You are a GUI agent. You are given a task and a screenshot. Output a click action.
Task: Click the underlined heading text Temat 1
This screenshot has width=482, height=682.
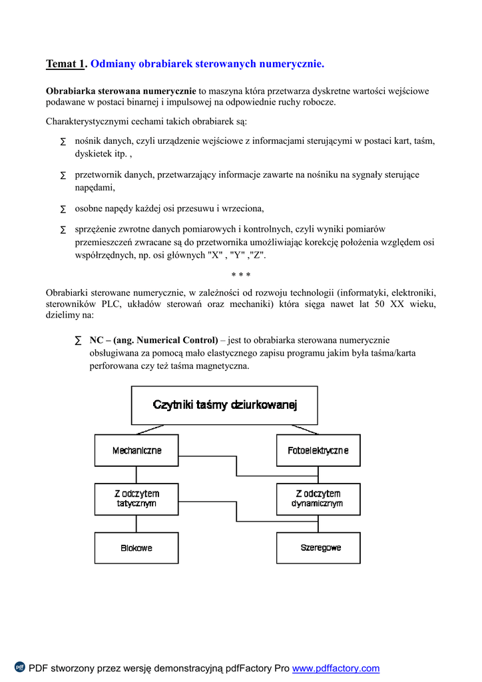65,64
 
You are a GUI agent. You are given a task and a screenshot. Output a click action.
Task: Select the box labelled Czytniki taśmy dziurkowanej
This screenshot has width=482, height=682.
224,405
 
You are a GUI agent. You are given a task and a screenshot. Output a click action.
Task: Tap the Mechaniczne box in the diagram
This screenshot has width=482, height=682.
136,451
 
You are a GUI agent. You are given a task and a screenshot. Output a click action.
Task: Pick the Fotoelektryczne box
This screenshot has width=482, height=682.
318,451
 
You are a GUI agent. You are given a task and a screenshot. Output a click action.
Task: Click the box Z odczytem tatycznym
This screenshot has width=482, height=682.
136,499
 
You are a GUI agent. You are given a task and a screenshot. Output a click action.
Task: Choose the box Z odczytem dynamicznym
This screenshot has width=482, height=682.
318,499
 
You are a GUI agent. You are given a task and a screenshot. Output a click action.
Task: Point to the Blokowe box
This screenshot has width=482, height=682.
136,547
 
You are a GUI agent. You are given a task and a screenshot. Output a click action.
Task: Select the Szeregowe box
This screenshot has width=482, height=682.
318,547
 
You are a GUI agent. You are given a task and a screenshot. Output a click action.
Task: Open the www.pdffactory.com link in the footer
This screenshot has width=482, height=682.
336,668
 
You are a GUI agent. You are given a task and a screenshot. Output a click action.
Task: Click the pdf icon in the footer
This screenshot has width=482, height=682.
20,667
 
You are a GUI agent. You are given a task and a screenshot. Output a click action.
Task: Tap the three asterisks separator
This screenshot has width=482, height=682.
240,275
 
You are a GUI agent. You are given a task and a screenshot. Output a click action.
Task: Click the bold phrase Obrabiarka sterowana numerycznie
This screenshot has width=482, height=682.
120,91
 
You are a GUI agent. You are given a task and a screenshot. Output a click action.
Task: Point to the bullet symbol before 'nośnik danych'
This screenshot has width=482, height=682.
63,142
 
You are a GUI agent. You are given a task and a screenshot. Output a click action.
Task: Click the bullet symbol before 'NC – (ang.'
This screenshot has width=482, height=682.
78,340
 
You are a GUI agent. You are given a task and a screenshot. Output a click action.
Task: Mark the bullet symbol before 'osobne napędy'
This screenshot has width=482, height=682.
63,209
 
